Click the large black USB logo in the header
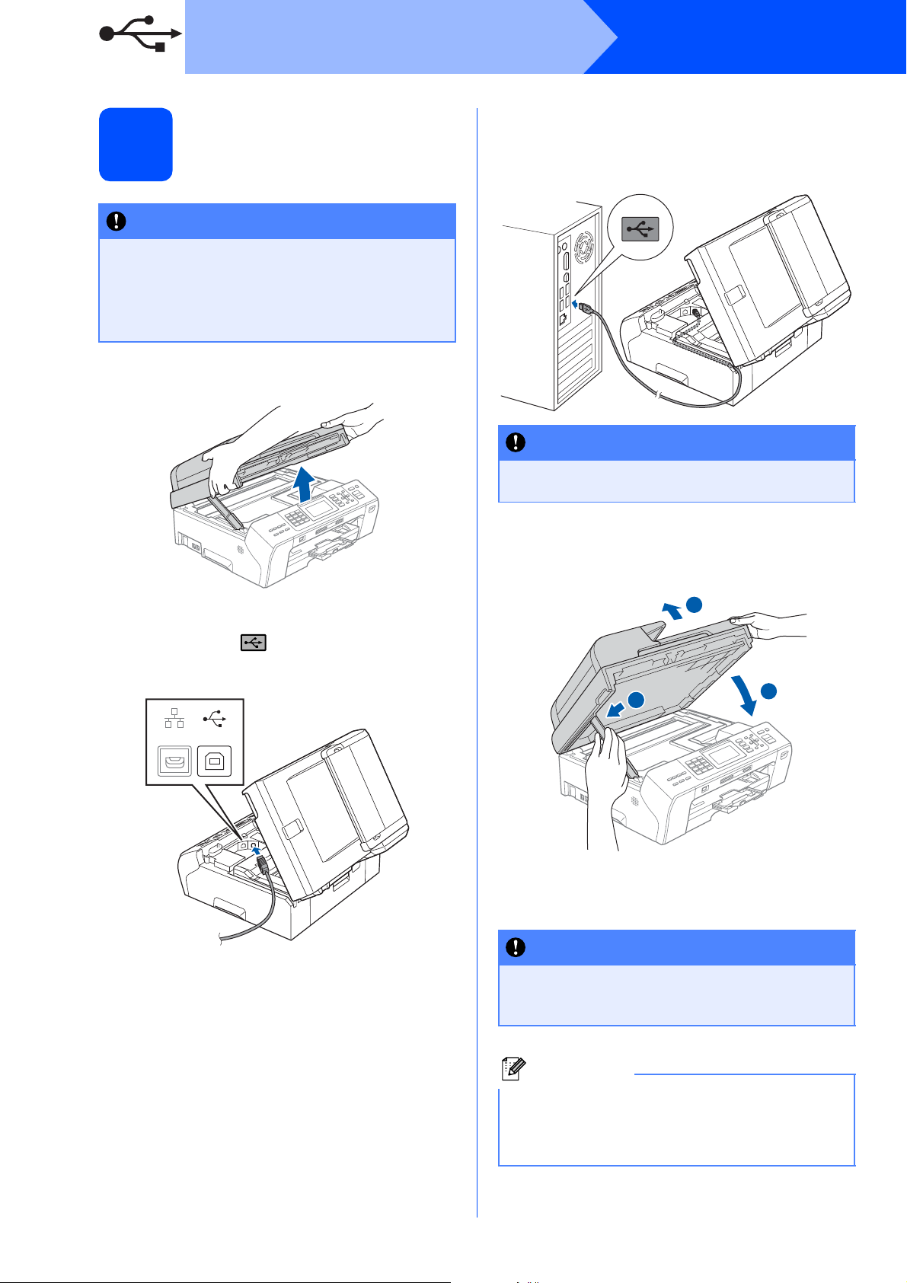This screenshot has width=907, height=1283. point(141,34)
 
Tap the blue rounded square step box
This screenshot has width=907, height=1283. point(136,145)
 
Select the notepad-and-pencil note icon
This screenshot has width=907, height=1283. point(512,1070)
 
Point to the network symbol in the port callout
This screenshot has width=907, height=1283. point(174,717)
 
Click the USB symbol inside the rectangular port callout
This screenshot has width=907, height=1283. point(214,717)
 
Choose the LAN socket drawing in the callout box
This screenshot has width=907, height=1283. point(174,761)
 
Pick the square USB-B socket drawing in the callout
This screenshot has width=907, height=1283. point(214,761)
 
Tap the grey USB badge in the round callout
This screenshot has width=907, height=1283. point(640,227)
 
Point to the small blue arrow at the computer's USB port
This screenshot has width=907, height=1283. point(574,304)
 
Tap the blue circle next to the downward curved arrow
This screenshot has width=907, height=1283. point(768,691)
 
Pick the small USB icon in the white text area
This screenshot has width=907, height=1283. point(254,643)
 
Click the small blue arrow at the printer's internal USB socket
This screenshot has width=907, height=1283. point(257,851)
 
